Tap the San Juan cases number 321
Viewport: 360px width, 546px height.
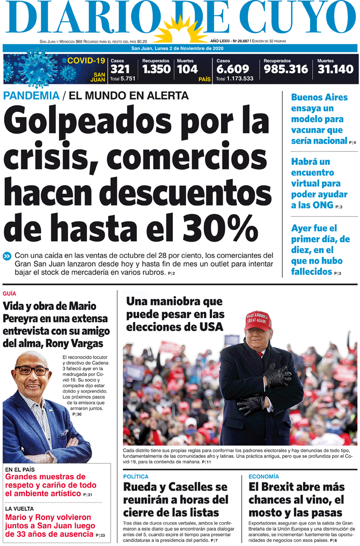click(x=120, y=69)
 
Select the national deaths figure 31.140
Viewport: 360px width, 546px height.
click(x=335, y=69)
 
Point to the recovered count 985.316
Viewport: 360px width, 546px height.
click(x=286, y=69)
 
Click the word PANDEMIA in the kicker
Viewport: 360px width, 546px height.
click(x=31, y=96)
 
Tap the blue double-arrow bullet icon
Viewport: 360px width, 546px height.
click(x=7, y=256)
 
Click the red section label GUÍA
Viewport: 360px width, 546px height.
click(x=9, y=294)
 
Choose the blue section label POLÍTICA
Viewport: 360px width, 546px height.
click(x=136, y=477)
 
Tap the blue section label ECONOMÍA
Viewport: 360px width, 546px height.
click(x=264, y=477)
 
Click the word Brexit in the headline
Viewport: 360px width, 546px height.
click(x=282, y=487)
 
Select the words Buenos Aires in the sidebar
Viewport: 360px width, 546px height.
click(x=319, y=97)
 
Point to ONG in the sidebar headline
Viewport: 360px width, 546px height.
click(x=322, y=205)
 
